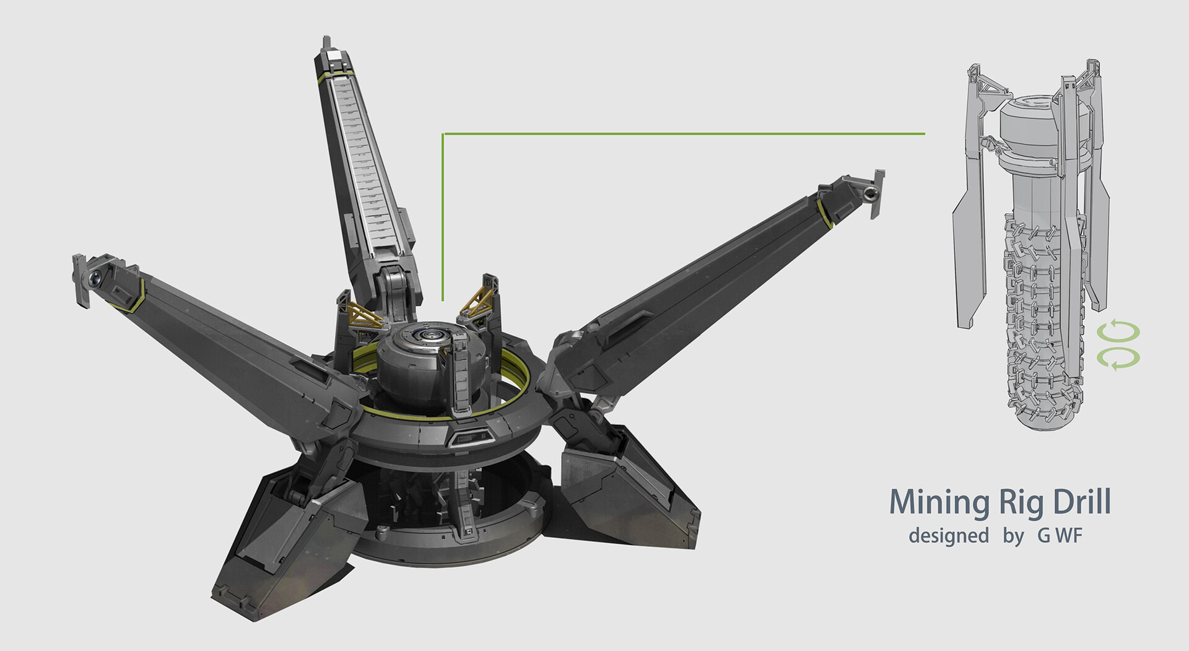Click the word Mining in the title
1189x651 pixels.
(x=939, y=502)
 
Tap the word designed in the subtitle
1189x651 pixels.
(x=948, y=535)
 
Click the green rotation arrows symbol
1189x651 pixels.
(x=1118, y=346)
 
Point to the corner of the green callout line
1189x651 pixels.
(x=443, y=134)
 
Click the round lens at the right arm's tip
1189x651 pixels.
(x=870, y=195)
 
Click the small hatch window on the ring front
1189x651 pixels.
(x=469, y=439)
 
